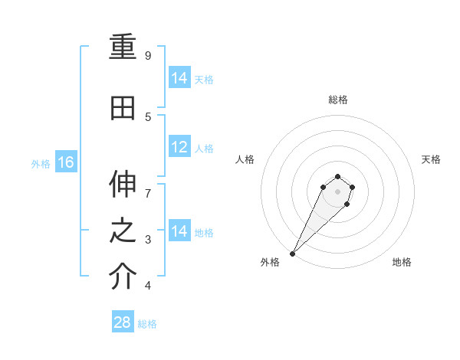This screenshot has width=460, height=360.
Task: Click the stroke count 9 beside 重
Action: tap(148, 56)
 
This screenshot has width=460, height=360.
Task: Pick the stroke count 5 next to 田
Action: tap(148, 116)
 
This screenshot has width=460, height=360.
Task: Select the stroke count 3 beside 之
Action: tap(148, 240)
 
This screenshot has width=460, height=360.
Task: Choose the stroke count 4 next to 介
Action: tap(148, 286)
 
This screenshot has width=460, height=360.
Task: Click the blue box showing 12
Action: tap(179, 147)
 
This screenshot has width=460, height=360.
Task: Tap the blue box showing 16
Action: tap(65, 162)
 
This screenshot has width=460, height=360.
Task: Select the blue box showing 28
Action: tap(122, 322)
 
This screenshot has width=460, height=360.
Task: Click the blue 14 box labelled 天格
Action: tap(179, 78)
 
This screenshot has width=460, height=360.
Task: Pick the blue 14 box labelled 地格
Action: tap(179, 231)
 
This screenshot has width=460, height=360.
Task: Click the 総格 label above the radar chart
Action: tap(337, 100)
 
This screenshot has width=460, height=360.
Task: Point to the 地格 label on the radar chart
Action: tap(402, 263)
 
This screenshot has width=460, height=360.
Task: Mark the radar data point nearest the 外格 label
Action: tap(292, 254)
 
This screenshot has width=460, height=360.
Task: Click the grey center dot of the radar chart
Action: tap(337, 191)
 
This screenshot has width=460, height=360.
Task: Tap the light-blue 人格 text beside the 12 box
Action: tap(204, 149)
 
